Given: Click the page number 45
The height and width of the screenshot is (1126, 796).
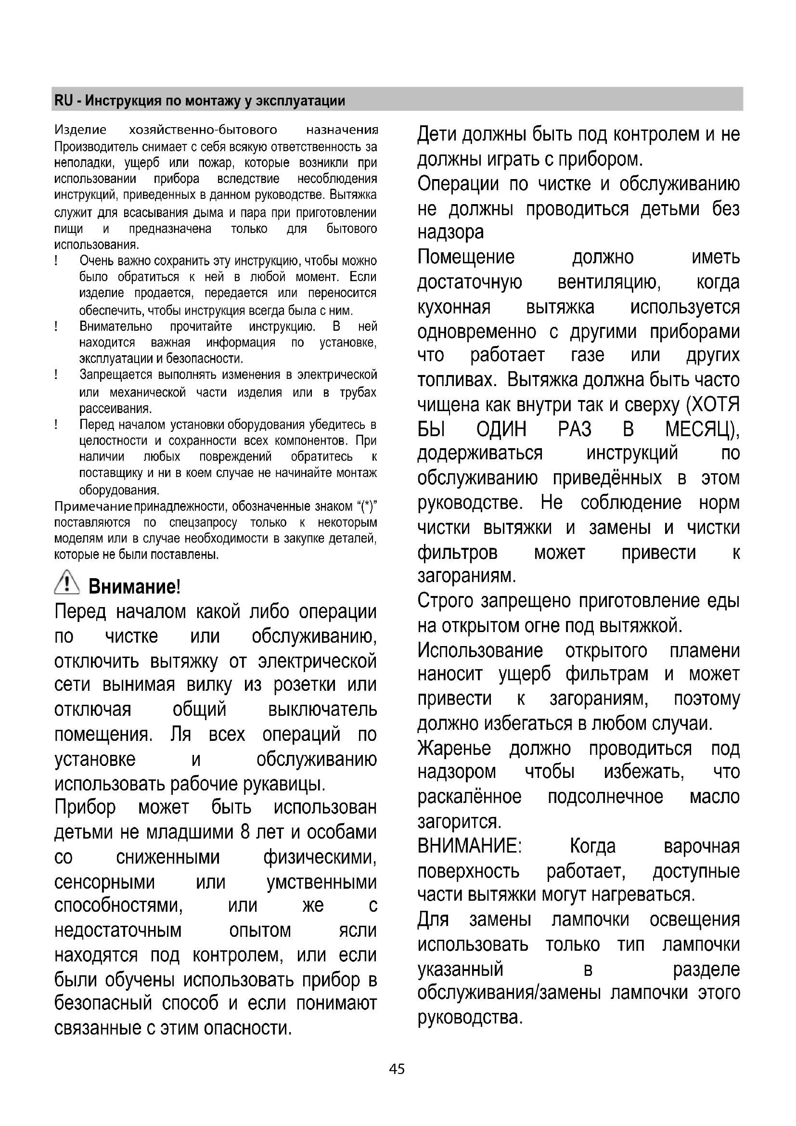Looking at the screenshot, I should [397, 1069].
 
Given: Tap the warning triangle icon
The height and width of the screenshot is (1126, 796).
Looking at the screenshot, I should [67, 583].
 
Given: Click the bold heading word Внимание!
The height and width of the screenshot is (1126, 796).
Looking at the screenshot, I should [134, 586].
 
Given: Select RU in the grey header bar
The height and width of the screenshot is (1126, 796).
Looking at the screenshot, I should [63, 101].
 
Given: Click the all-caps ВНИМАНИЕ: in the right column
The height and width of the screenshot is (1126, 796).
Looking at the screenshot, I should [470, 846].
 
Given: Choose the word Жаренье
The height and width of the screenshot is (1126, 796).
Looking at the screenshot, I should [454, 749].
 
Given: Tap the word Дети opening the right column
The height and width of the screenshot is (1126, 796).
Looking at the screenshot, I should [437, 134].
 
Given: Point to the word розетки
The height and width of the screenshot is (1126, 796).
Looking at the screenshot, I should [304, 685].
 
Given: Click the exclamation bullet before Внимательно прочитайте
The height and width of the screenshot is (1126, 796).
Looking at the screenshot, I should [57, 326].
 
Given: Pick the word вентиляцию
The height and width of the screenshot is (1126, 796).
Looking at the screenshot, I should [609, 283].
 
